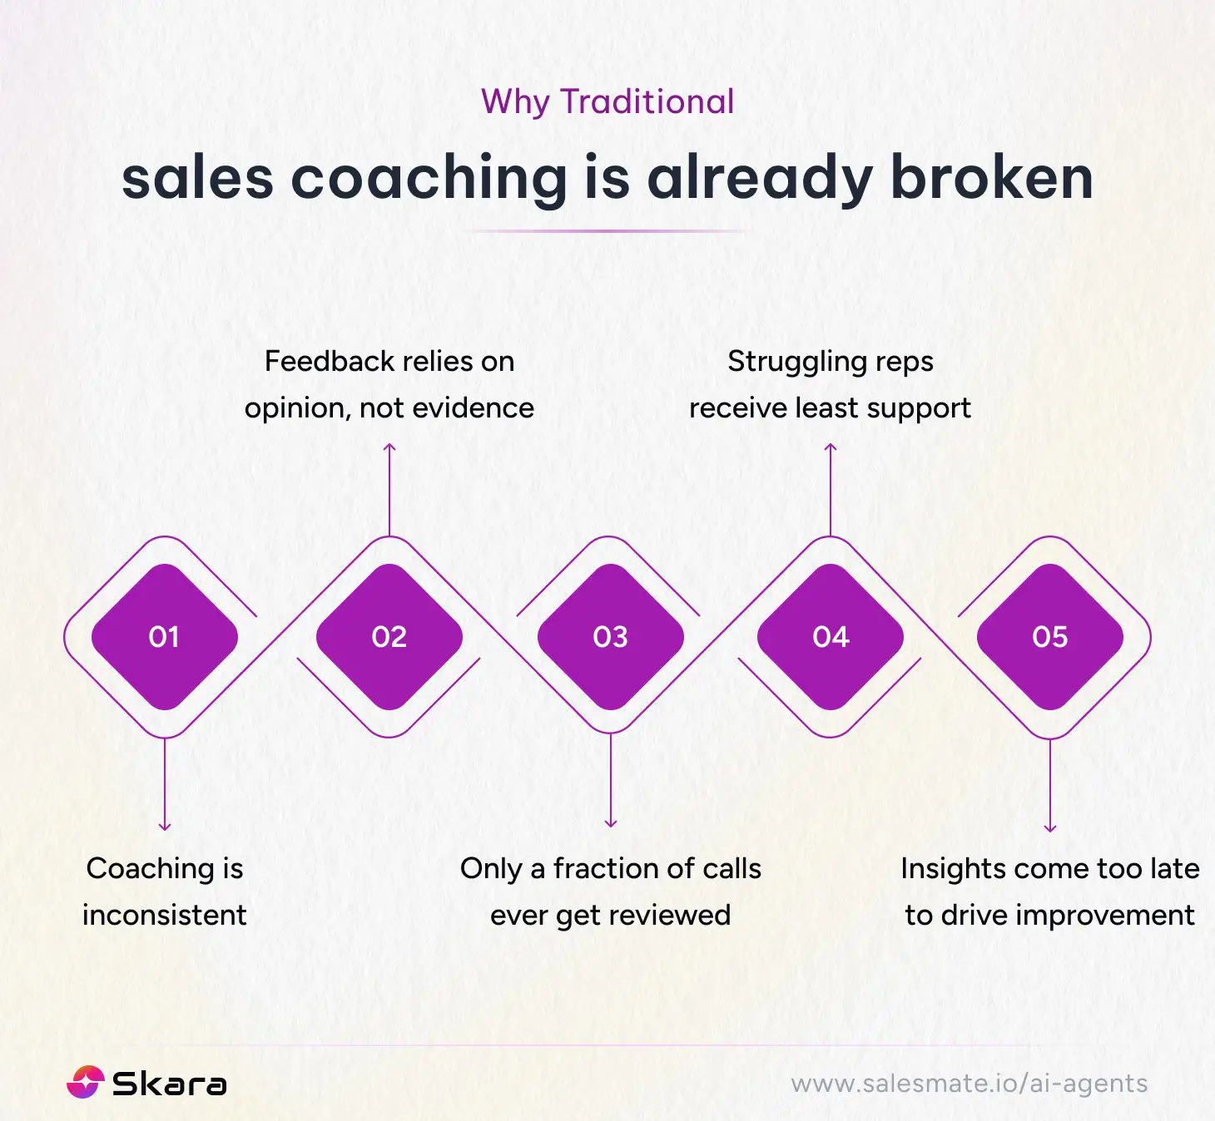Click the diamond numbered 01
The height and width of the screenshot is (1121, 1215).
click(x=165, y=637)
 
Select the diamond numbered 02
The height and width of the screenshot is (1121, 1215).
click(x=389, y=637)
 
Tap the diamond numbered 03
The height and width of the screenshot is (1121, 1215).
click(x=611, y=637)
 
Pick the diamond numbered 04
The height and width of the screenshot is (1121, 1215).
click(x=831, y=637)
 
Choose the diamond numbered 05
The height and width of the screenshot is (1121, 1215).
click(x=1050, y=637)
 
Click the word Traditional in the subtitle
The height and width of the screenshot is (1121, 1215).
click(x=647, y=102)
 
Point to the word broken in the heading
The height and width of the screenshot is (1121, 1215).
click(x=991, y=178)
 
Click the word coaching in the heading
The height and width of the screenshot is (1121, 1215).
click(x=429, y=180)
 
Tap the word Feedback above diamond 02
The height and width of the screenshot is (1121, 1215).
click(x=329, y=361)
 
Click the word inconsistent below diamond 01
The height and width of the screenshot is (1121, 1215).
click(x=165, y=915)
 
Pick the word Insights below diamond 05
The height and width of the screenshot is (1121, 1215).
click(x=950, y=870)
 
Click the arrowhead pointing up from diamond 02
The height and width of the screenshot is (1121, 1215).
click(x=389, y=449)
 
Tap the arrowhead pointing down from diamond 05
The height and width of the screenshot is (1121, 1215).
click(x=1050, y=827)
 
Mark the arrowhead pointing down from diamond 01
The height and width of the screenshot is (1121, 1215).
click(x=165, y=826)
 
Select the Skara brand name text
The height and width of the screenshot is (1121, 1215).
click(x=169, y=1084)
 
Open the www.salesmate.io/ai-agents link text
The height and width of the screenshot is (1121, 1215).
click(x=970, y=1084)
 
